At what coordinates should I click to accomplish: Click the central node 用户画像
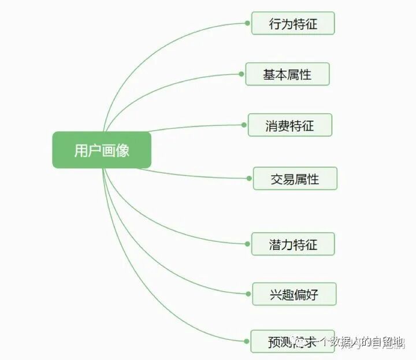102,150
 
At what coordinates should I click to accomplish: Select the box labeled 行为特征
293,24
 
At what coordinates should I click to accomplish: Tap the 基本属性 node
287,75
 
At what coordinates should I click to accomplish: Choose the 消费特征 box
290,125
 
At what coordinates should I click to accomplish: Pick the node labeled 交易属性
295,179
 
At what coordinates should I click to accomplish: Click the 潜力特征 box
293,244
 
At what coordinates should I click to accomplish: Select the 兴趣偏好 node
294,295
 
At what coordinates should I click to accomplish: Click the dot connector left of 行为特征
247,24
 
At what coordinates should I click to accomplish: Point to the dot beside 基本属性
242,74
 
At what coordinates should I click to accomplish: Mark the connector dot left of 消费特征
244,125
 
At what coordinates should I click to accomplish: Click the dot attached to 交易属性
249,179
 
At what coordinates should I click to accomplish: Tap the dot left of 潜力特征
247,244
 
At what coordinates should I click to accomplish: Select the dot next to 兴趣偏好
248,294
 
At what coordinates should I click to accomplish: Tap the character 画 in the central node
109,150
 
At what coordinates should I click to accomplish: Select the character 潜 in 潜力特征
275,244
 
